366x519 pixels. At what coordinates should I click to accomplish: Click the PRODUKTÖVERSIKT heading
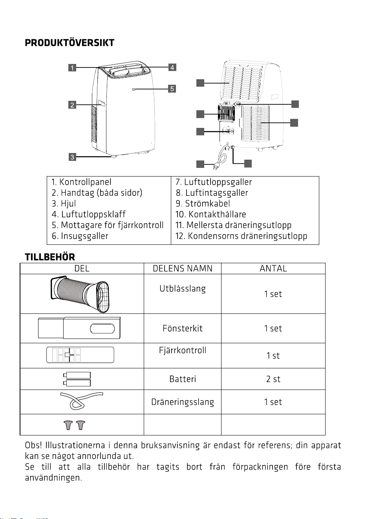tap(70, 43)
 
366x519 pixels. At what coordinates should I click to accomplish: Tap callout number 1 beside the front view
tap(72, 67)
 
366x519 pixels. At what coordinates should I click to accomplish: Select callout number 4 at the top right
tap(172, 67)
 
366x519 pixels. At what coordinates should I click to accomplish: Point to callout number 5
tap(172, 89)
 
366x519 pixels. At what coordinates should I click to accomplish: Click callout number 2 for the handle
tap(72, 105)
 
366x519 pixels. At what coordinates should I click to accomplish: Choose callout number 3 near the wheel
tap(72, 157)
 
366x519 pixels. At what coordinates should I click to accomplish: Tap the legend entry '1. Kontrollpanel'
tap(81, 182)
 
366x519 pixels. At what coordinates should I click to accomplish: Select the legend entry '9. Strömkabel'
tap(203, 204)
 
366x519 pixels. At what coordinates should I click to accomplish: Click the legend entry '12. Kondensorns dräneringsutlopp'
tap(241, 236)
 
